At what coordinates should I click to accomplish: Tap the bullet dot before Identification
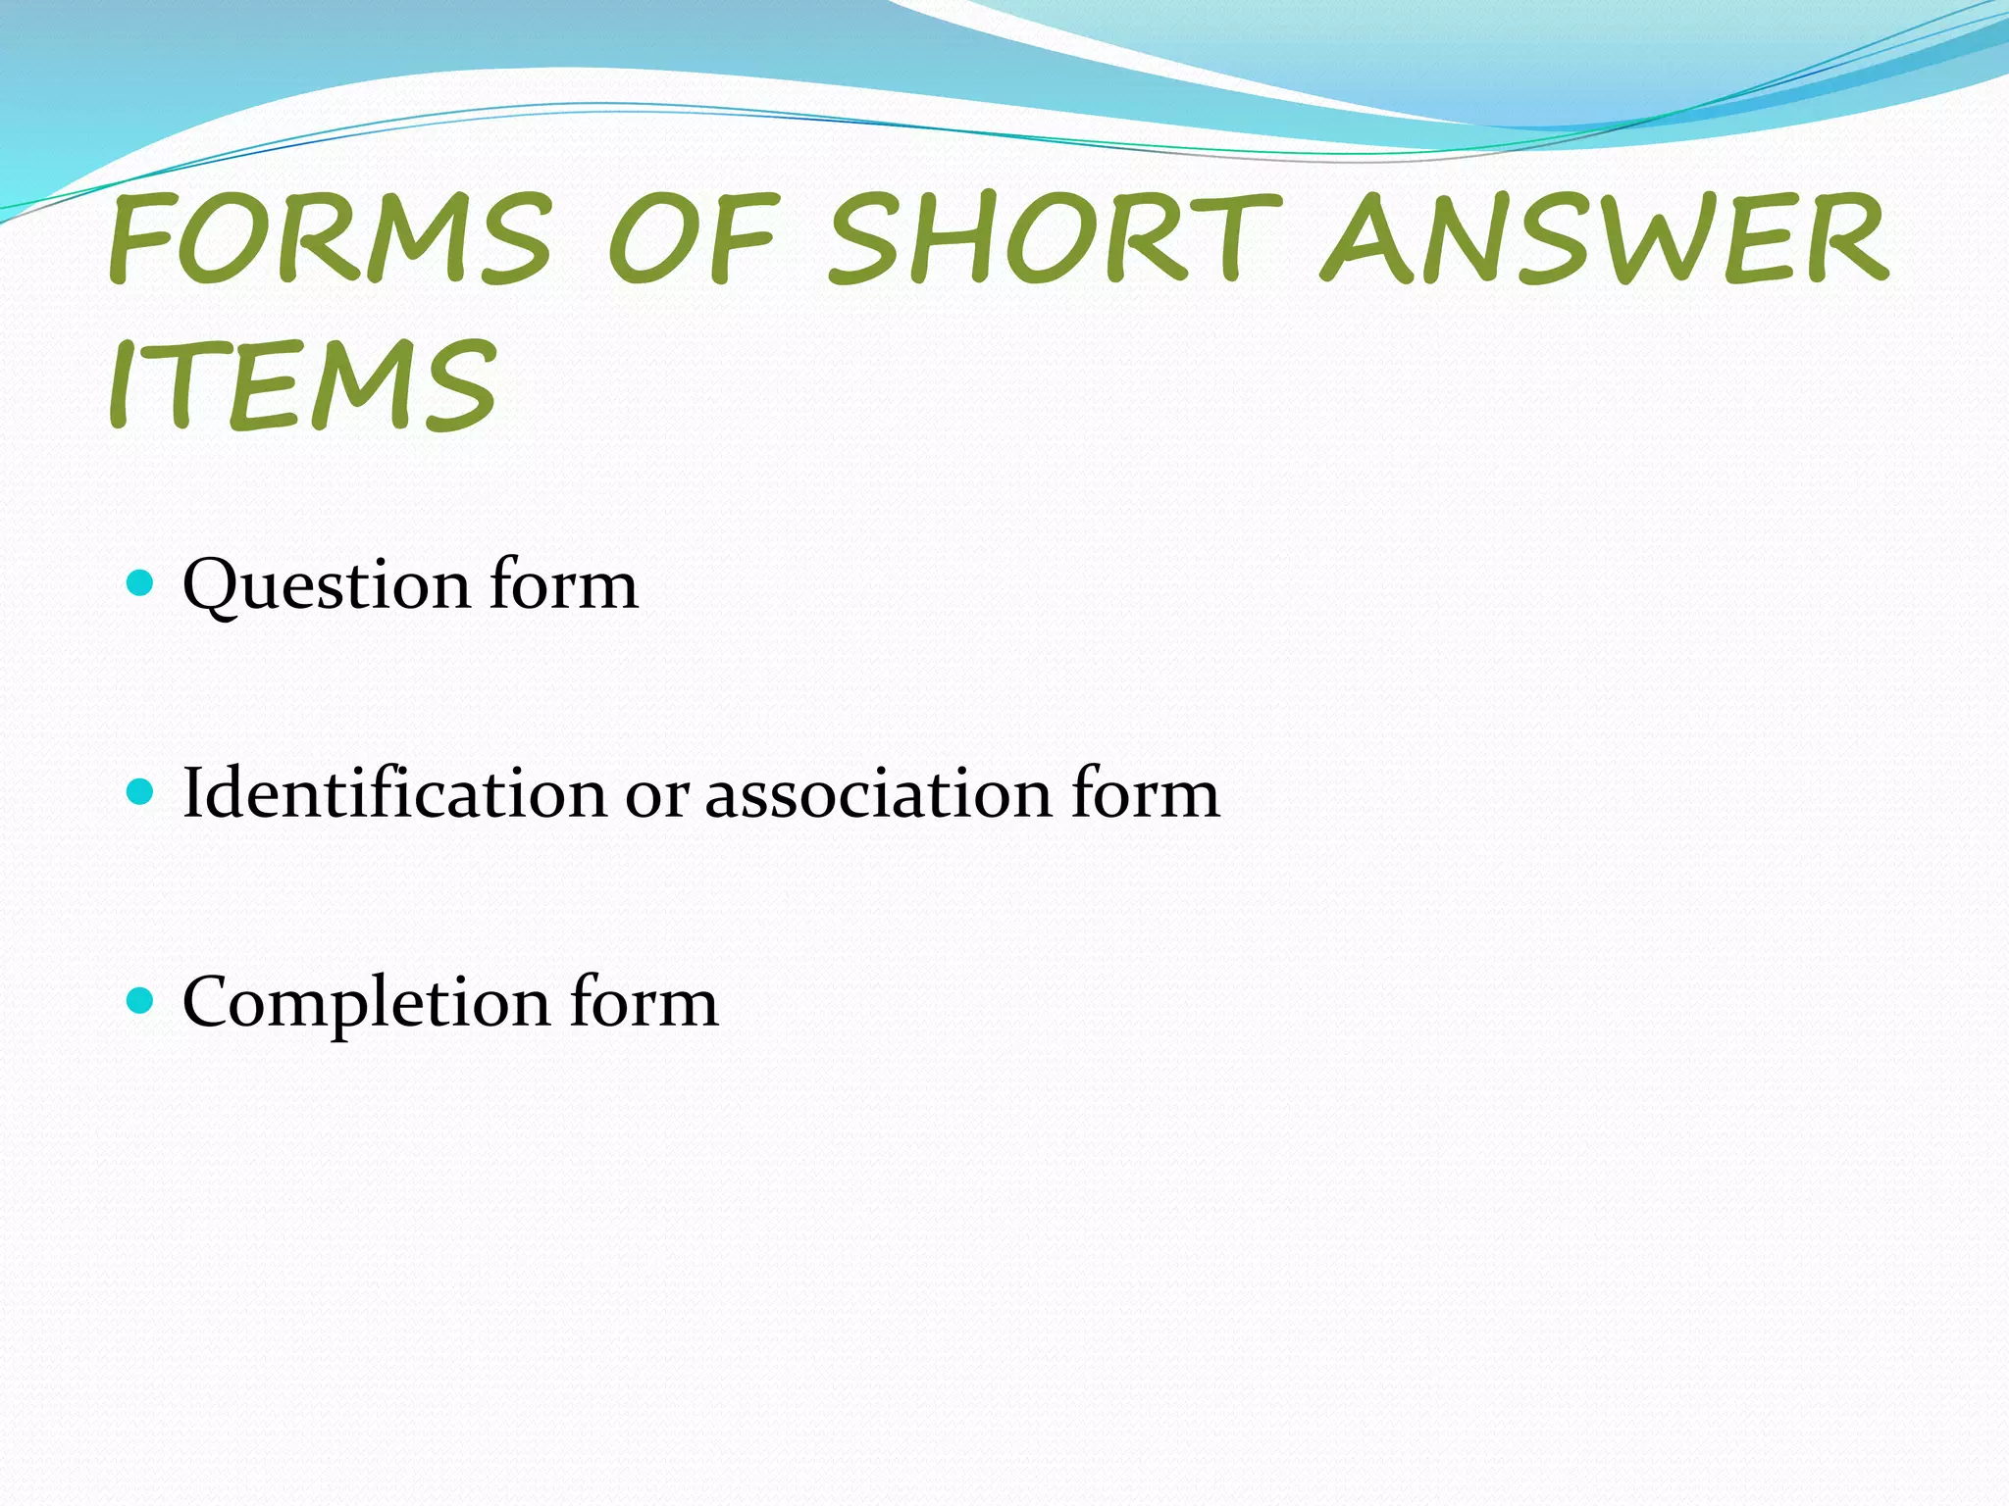(x=141, y=791)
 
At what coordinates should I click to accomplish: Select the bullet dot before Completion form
(x=141, y=1000)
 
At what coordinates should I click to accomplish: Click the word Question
(x=327, y=585)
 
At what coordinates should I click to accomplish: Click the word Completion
(x=366, y=1004)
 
